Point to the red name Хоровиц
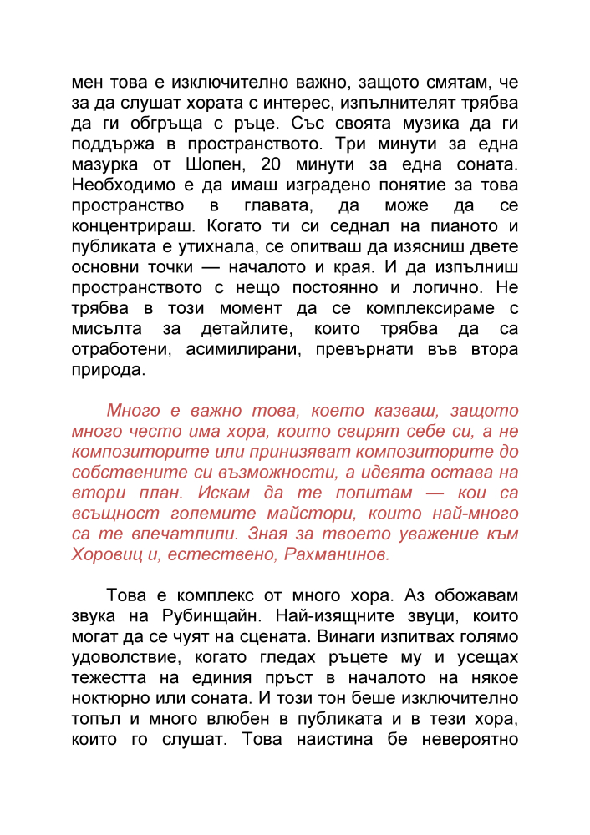point(109,554)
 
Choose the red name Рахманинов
point(339,554)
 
